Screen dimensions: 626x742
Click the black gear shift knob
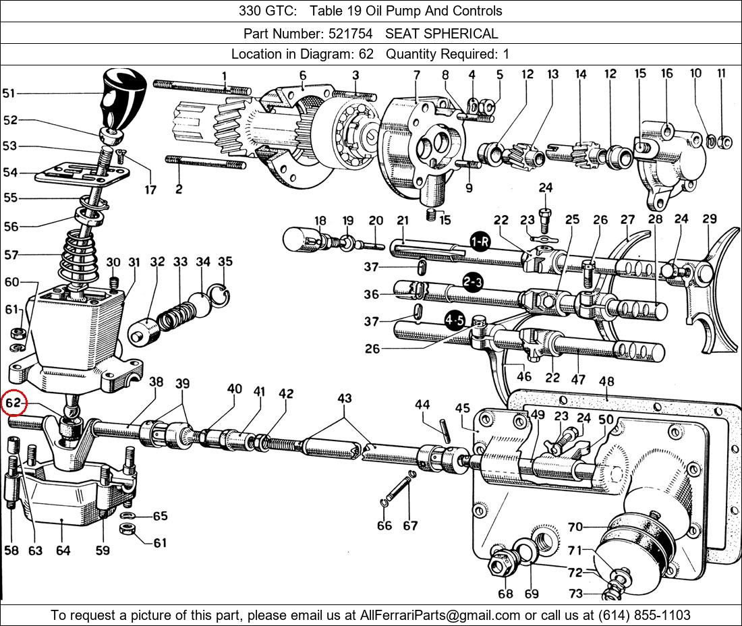[122, 98]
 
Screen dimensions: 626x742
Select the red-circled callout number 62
[14, 404]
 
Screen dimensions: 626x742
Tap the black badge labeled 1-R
[480, 242]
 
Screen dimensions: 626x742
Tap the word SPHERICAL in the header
[466, 33]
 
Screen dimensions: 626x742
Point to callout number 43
[344, 399]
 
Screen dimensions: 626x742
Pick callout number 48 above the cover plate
[606, 382]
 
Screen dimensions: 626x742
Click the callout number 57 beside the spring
[11, 255]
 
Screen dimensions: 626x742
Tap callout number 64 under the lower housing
[63, 550]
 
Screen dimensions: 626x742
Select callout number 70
[575, 527]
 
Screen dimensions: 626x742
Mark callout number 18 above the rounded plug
[320, 220]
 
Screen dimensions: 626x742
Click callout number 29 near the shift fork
[709, 219]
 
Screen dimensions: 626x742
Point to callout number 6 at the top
[303, 75]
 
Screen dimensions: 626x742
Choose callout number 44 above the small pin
[422, 405]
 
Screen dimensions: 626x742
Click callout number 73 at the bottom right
[575, 594]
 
